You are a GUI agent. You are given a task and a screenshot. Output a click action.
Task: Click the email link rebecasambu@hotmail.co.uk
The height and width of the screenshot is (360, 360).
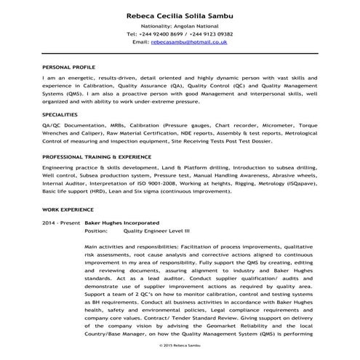191,43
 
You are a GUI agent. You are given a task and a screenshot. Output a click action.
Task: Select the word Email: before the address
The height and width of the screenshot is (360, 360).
141,43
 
